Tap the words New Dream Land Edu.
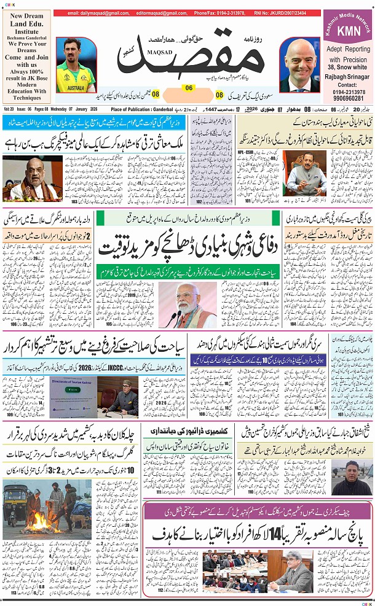(28, 20)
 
